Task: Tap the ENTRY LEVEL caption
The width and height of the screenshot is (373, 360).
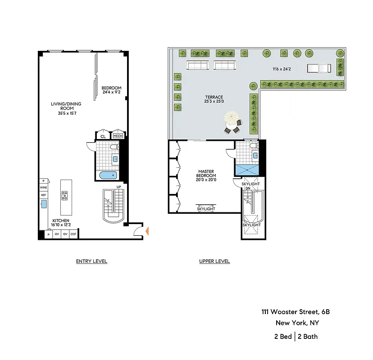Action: (91, 261)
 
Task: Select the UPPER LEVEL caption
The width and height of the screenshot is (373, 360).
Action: (214, 261)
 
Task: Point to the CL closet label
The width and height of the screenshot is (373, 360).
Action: (103, 136)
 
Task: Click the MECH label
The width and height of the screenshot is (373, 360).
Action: (118, 136)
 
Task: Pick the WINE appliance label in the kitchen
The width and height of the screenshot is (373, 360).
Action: (44, 187)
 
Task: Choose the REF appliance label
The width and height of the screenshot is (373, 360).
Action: (44, 195)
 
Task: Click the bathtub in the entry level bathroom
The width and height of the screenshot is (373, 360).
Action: (108, 175)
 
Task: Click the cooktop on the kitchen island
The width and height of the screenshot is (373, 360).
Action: (65, 195)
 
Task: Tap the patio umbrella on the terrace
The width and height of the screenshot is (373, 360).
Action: (231, 119)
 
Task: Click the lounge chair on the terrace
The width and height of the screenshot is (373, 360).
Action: (319, 68)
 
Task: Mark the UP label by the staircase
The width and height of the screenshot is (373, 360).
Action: (118, 187)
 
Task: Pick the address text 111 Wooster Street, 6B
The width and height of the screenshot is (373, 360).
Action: (299, 312)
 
